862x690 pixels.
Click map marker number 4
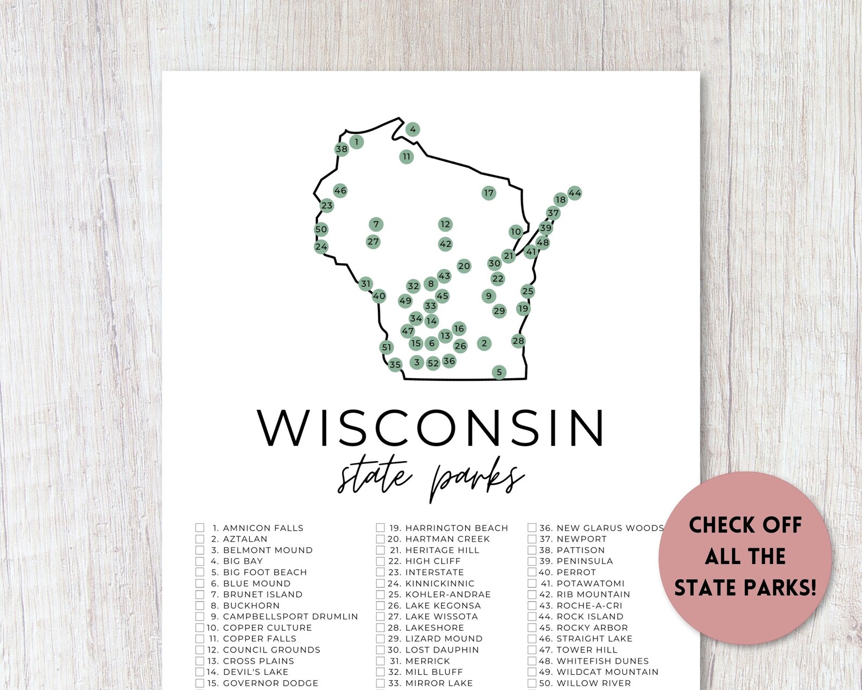(413, 129)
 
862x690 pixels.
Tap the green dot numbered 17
(489, 193)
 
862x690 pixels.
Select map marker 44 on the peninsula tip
(574, 193)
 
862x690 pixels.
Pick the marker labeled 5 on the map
(499, 372)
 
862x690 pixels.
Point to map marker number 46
(340, 190)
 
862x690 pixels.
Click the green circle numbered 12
(445, 224)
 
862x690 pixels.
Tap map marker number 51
(386, 347)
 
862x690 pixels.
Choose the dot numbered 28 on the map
(518, 341)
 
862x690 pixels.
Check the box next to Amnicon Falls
(200, 528)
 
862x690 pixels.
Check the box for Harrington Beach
(381, 528)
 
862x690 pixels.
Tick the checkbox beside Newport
(532, 539)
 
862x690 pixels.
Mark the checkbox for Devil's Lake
(200, 672)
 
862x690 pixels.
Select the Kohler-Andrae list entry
(447, 594)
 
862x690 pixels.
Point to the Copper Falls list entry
(259, 639)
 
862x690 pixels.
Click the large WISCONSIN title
(430, 428)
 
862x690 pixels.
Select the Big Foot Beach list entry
(265, 572)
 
